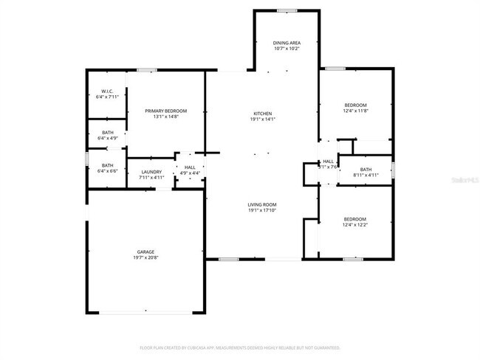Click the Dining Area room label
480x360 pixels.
coord(287,44)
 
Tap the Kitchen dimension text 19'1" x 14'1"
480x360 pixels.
coord(263,119)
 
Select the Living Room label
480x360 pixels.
coord(263,204)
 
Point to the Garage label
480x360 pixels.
coord(145,252)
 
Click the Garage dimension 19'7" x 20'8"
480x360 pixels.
coord(145,257)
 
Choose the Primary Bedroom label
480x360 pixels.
coord(165,111)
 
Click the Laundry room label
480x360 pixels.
coord(151,171)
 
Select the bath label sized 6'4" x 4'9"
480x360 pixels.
coord(107,133)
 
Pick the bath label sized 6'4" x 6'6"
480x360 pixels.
coord(107,165)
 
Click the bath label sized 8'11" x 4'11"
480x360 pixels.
coord(366,170)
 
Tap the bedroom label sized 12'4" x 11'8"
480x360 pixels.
coord(355,105)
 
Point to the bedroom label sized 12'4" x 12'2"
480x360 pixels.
coord(355,218)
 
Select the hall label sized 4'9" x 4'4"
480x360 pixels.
coord(190,167)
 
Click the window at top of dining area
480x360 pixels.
coord(287,10)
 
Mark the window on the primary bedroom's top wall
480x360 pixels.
coord(146,70)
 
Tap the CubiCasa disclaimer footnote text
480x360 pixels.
coord(240,347)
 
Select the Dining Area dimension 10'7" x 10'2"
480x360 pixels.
coord(287,49)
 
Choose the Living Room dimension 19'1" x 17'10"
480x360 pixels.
coord(263,210)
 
